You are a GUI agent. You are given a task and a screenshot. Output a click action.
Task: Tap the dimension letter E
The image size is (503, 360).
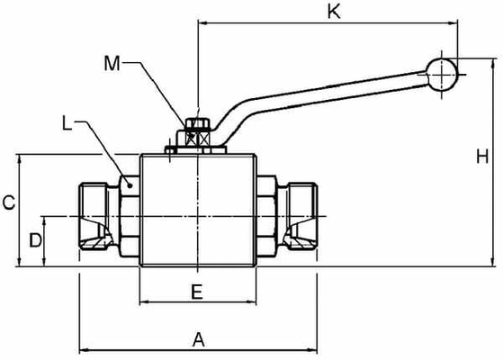(x=197, y=291)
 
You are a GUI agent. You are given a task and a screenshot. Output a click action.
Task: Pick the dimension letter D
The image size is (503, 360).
(x=35, y=240)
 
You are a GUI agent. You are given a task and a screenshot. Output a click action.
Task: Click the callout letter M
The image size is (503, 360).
(x=111, y=63)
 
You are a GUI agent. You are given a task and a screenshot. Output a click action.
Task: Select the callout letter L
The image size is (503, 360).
(x=67, y=120)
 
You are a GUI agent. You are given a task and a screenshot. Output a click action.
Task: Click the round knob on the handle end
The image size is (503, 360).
(x=441, y=74)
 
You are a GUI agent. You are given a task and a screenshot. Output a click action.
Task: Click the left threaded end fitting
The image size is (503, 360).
(x=97, y=217)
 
